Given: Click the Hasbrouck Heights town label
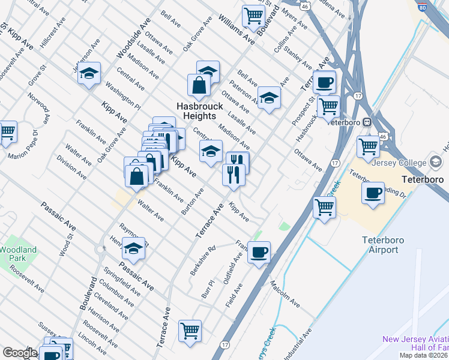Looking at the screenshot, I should [200, 110].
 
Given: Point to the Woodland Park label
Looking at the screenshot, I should [17, 254].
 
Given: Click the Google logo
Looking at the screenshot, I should [19, 353].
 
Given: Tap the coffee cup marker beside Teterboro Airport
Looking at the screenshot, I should [373, 193].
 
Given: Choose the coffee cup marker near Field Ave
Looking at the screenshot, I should [259, 252].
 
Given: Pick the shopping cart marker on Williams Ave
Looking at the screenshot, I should [254, 16].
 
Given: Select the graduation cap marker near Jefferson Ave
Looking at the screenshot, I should [89, 74].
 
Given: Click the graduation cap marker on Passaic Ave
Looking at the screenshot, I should [133, 248].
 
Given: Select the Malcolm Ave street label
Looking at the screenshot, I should [285, 293].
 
